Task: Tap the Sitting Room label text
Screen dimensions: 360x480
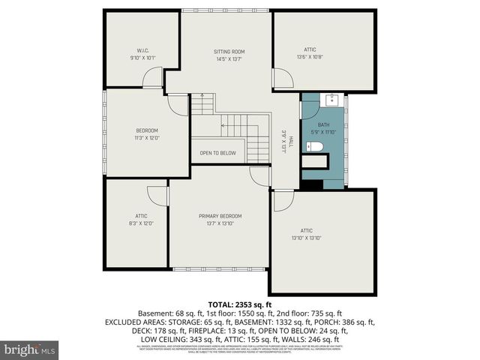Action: [229, 51]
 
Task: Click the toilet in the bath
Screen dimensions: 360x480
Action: [316, 145]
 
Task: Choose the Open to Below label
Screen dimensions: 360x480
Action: [217, 153]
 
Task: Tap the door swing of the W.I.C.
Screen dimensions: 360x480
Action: [154, 76]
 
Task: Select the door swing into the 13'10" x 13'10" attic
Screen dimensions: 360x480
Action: [283, 199]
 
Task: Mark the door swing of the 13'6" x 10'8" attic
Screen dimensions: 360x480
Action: [283, 79]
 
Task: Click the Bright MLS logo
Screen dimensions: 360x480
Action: [30, 349]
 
